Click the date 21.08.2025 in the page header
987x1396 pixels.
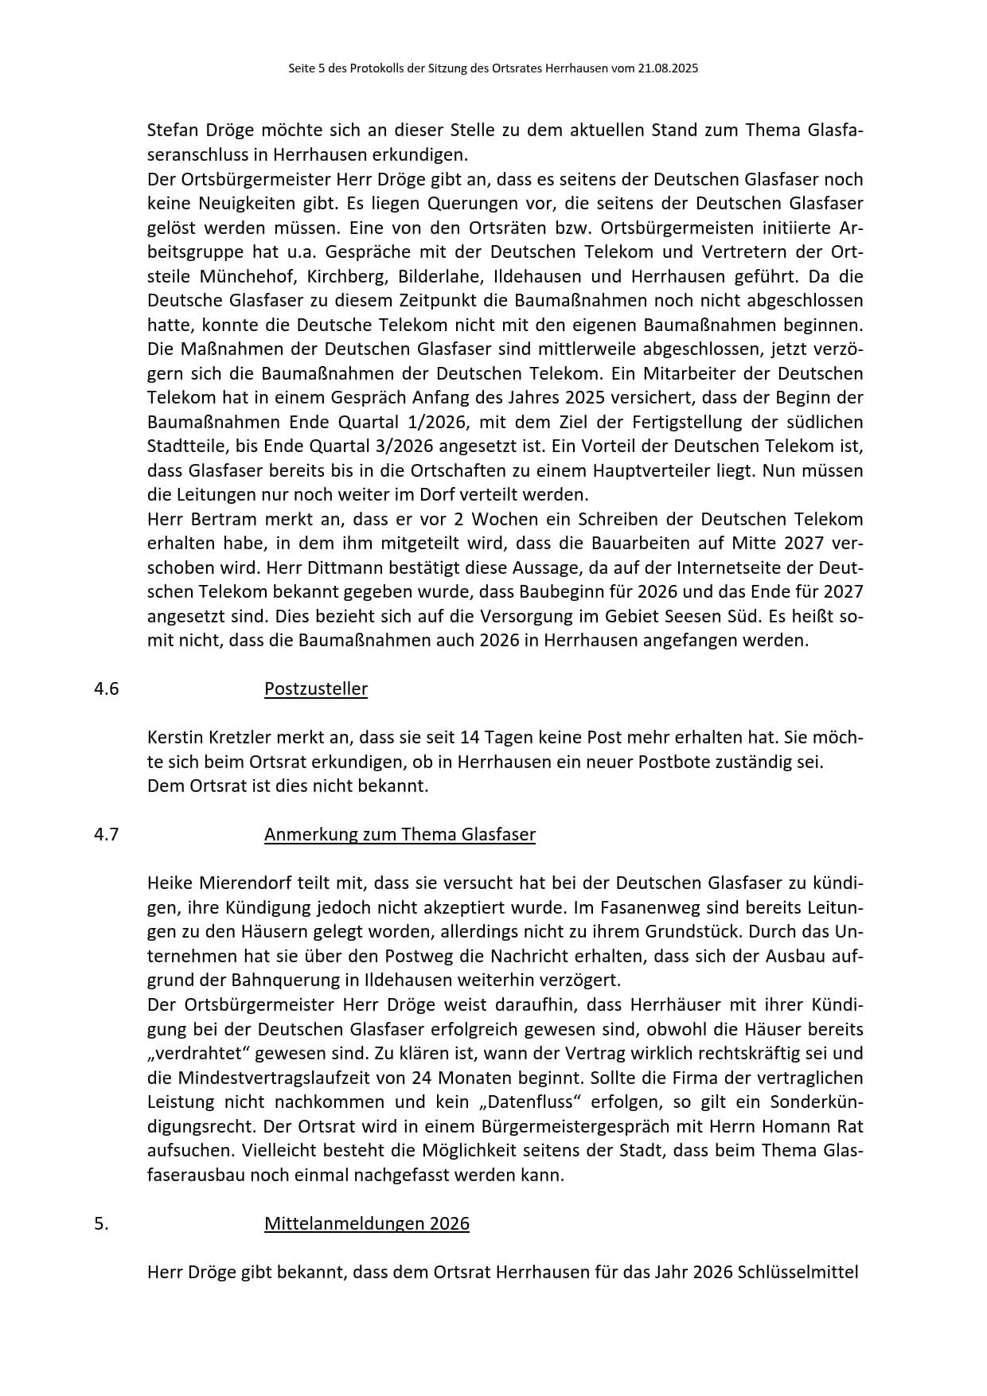(x=667, y=69)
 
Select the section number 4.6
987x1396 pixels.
(x=106, y=689)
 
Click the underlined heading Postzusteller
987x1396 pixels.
(x=316, y=689)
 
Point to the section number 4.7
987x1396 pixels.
(x=106, y=835)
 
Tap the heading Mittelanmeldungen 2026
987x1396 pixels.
(x=367, y=1224)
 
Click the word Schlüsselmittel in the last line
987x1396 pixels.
(x=798, y=1273)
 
